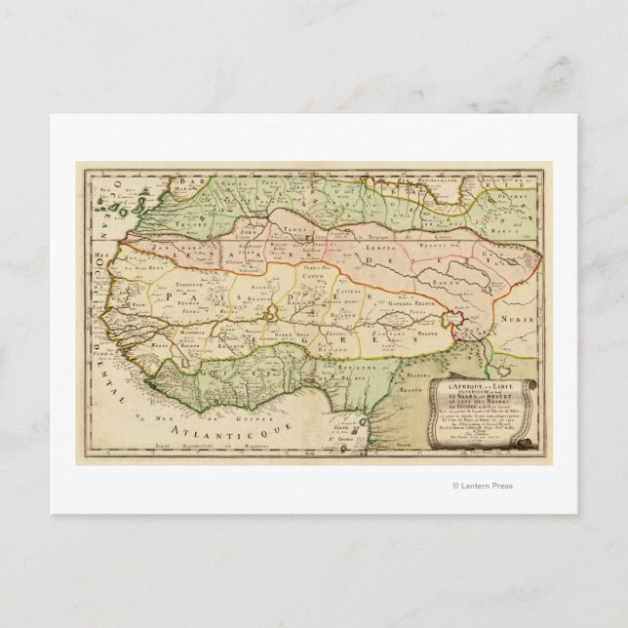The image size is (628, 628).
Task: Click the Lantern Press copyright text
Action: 482,486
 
